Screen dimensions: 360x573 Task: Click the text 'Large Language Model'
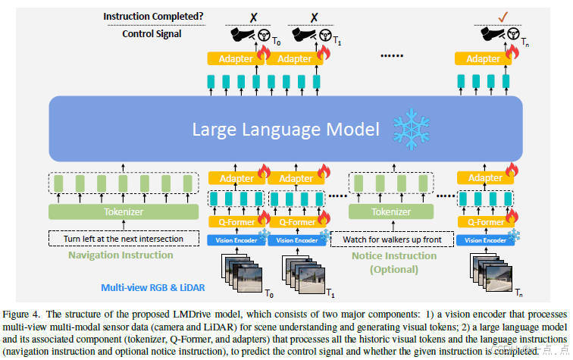coord(286,129)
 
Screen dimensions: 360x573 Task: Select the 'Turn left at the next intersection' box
coord(124,239)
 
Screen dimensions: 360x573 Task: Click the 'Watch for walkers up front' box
coord(393,239)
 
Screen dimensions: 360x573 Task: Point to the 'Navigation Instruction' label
coord(121,255)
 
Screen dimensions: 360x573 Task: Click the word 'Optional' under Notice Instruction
coord(394,268)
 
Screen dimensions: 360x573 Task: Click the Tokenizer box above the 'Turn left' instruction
coord(123,212)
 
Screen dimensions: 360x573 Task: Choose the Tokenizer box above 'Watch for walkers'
coord(392,212)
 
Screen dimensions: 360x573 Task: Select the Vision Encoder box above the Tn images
coord(484,240)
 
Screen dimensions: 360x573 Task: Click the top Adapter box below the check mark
coord(483,58)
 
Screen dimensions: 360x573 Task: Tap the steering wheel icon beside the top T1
coord(324,34)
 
